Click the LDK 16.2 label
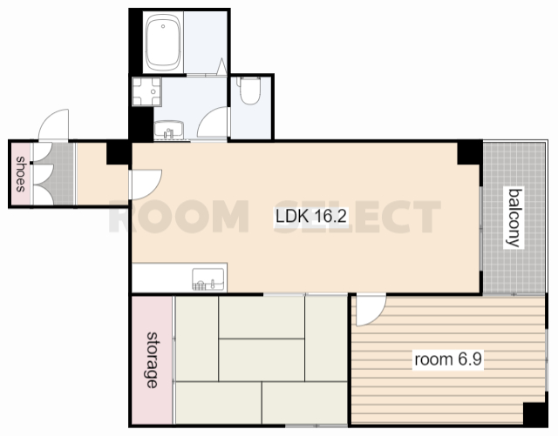[311, 216]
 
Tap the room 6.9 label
[448, 359]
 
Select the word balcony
[515, 218]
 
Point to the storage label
[153, 360]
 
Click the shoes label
[21, 174]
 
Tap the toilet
[250, 91]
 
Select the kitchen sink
[208, 279]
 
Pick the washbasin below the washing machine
[169, 130]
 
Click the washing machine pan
[146, 91]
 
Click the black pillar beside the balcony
[470, 152]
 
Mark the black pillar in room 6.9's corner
[534, 414]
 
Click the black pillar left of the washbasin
[141, 124]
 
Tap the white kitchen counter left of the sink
[162, 278]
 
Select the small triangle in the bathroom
[221, 66]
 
